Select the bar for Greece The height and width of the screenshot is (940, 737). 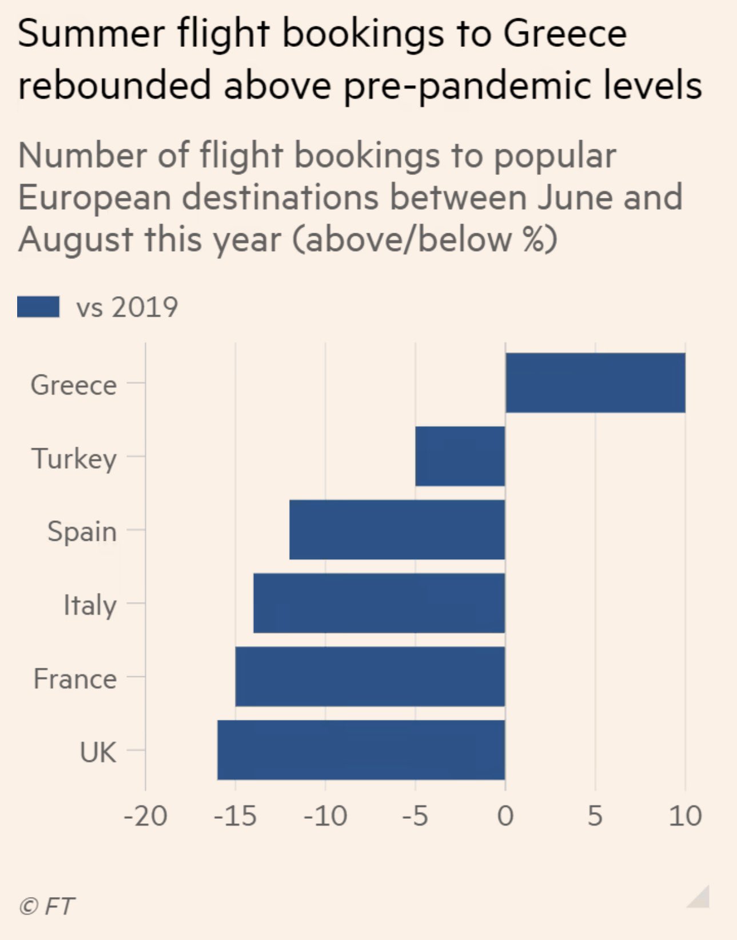coord(595,383)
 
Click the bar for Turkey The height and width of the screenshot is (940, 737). coord(460,456)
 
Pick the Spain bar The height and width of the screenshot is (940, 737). coord(397,529)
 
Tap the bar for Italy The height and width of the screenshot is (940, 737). coord(379,603)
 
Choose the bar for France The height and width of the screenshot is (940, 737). coord(370,676)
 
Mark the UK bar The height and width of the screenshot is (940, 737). coord(361,750)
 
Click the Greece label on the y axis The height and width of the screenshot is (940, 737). coord(74,385)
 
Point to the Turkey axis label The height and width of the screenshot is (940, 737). coord(74,459)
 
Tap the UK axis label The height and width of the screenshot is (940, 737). coord(98,752)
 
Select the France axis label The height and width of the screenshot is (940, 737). coord(75,679)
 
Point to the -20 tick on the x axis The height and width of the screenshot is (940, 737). coord(145,816)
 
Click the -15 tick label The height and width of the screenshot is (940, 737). coord(235,816)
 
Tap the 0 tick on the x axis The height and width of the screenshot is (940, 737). coord(505,816)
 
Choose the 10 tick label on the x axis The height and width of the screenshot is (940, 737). coord(685,816)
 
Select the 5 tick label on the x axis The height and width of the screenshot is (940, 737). coord(595,816)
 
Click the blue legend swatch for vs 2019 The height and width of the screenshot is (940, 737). coord(38,306)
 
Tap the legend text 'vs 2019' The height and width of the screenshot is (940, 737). coord(127,307)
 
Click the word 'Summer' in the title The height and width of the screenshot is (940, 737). coord(91,33)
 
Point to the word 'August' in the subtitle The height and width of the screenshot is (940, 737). coord(76,239)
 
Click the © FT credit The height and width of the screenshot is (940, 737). coord(46,906)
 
